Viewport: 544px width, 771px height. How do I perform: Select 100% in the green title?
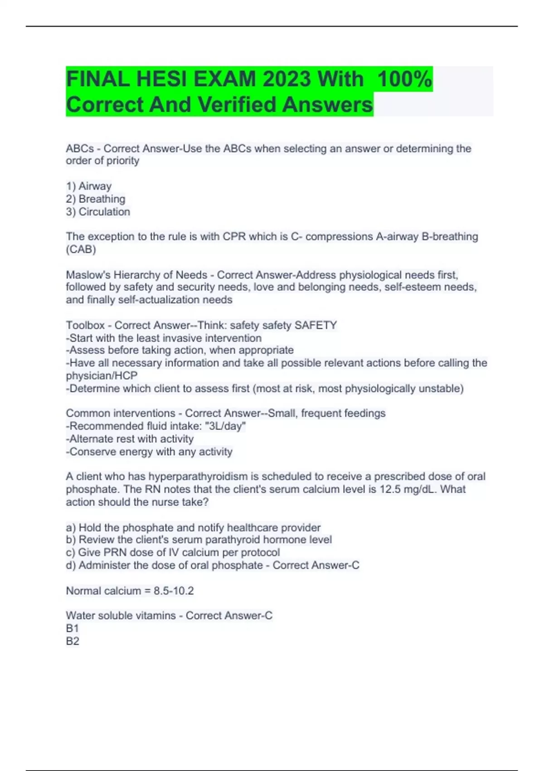click(x=404, y=79)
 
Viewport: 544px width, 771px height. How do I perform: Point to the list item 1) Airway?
click(x=88, y=186)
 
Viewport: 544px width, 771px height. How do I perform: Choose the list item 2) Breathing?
click(x=95, y=199)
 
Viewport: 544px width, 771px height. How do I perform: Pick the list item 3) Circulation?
click(x=98, y=212)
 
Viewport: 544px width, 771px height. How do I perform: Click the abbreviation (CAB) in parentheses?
click(x=81, y=249)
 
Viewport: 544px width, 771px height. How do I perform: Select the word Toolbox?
click(x=85, y=325)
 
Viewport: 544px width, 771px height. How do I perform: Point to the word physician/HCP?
click(x=102, y=376)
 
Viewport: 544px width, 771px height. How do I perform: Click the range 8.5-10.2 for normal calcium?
click(x=174, y=591)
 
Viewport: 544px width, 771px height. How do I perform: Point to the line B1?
click(x=73, y=628)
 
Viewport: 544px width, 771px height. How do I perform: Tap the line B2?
click(x=73, y=641)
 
